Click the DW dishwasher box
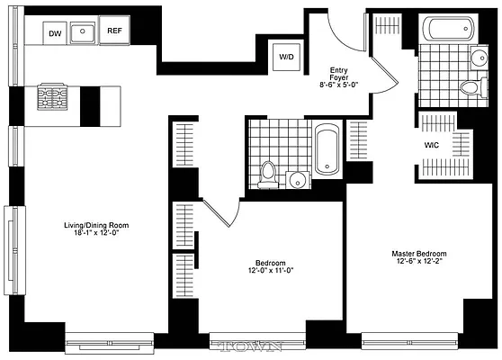tap(56, 34)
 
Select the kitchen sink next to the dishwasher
tap(85, 34)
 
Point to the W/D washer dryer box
tap(287, 57)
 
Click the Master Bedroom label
tap(418, 254)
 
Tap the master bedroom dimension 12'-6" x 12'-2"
tap(418, 262)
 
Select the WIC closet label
tap(431, 144)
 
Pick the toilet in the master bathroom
tap(471, 87)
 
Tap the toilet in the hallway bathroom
tap(267, 173)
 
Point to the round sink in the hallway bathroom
tap(297, 177)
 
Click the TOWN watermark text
tap(253, 346)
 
